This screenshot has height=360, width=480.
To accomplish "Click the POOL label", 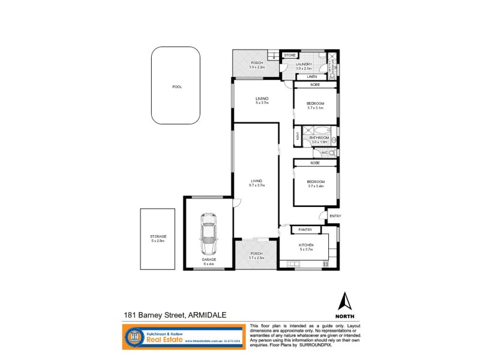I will click(177, 87).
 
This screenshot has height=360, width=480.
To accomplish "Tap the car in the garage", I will click(208, 235).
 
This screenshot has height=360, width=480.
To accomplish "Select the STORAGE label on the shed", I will click(158, 238).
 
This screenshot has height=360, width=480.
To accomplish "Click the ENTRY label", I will click(335, 216).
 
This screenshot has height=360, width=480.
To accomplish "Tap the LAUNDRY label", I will click(304, 65).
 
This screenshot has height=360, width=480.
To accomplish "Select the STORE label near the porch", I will click(289, 55).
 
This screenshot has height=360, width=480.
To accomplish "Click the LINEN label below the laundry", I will click(312, 77).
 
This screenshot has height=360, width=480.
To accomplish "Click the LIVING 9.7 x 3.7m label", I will click(257, 183).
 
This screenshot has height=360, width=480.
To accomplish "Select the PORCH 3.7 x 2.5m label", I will click(256, 256).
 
